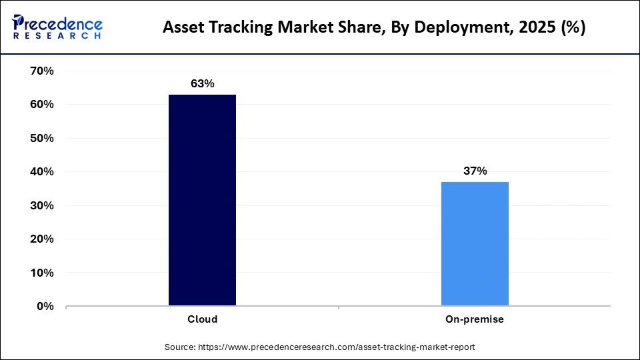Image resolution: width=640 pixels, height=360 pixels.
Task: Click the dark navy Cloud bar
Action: coord(202,200)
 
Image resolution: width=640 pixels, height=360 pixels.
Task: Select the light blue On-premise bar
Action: coord(475,243)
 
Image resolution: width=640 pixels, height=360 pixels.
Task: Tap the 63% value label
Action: coord(202,83)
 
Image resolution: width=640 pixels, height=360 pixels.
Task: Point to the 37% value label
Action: coord(475,171)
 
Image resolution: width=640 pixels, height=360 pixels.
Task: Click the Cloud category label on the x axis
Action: coord(202,319)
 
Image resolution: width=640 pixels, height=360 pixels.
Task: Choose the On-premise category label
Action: coord(475,319)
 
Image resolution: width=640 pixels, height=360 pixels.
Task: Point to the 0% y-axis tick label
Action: coord(44,306)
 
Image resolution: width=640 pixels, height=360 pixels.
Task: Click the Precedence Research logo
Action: coord(57,27)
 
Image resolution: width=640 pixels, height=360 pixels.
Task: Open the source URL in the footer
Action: coord(337,347)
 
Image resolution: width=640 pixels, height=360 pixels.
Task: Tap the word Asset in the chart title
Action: coord(182,29)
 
